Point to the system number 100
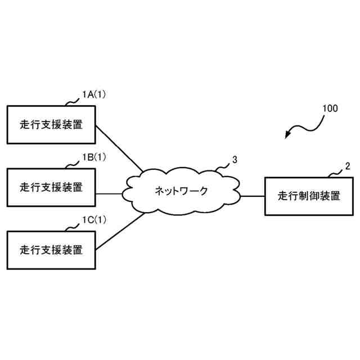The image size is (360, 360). pyautogui.click(x=330, y=109)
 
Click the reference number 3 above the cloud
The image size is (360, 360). pyautogui.click(x=235, y=160)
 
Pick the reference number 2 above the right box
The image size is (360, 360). pyautogui.click(x=347, y=166)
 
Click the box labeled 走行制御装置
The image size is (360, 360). pyautogui.click(x=308, y=196)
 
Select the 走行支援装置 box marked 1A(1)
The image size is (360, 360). pyautogui.click(x=51, y=124)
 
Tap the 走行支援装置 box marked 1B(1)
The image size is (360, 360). pyautogui.click(x=51, y=187)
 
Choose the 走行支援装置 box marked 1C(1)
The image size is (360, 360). pyautogui.click(x=51, y=249)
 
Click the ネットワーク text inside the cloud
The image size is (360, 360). pyautogui.click(x=181, y=191)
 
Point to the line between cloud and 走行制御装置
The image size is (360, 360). pyautogui.click(x=252, y=196)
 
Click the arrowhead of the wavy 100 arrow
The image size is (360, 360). pyautogui.click(x=288, y=136)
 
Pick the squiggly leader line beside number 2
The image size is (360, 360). pyautogui.click(x=336, y=173)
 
